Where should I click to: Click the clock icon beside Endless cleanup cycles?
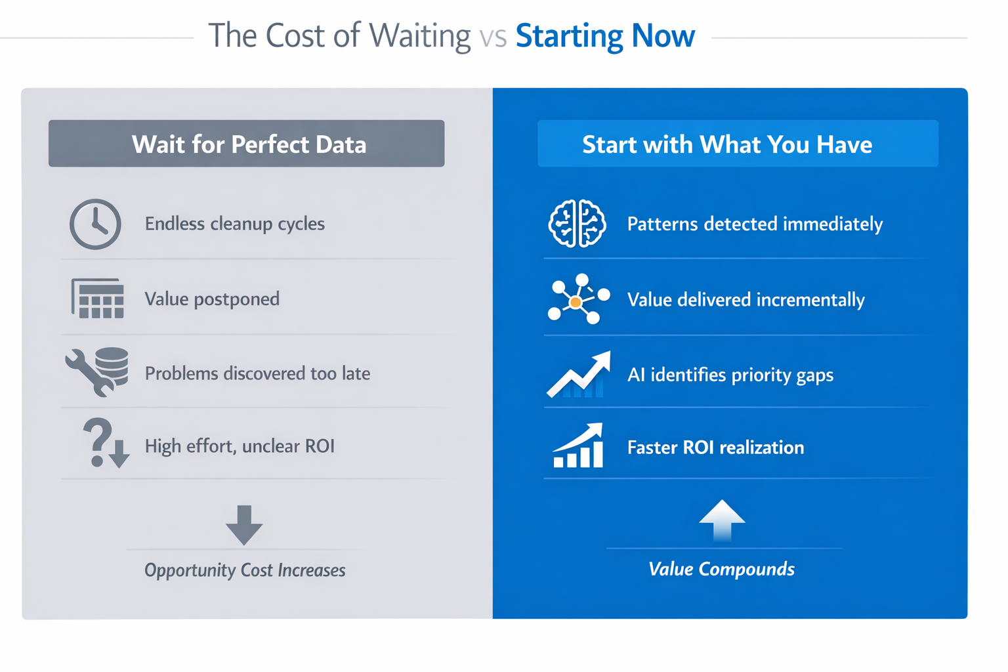[x=95, y=224]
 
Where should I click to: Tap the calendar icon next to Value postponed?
[x=98, y=299]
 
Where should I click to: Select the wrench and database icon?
[x=97, y=371]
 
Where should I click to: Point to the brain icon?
[x=577, y=224]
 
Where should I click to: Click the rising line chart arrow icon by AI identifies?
[x=579, y=375]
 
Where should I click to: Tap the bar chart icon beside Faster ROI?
[x=578, y=446]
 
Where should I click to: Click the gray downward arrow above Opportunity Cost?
[x=244, y=525]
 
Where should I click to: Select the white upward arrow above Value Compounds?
[x=722, y=520]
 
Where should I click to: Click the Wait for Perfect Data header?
[x=247, y=144]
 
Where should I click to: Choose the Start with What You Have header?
[x=726, y=144]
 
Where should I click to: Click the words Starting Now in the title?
[x=604, y=36]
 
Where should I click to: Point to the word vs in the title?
[x=493, y=37]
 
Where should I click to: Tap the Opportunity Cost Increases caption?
[x=245, y=570]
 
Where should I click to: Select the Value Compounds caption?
[x=721, y=569]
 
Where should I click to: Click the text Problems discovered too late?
[x=257, y=373]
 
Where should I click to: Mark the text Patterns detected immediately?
[x=755, y=224]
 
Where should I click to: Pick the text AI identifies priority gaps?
[x=730, y=375]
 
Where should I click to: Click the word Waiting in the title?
[x=420, y=36]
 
